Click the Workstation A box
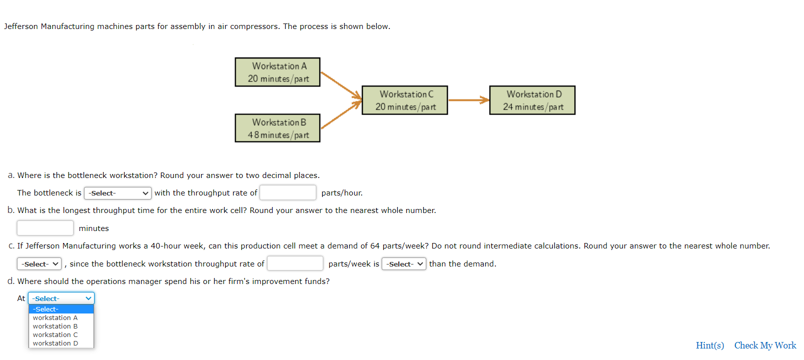(278, 72)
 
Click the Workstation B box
(278, 128)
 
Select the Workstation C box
(405, 100)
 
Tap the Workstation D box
(532, 100)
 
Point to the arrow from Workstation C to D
(469, 100)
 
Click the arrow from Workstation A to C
(341, 85)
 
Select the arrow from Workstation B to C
(341, 114)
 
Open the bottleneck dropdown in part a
(118, 193)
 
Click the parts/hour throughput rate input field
(288, 192)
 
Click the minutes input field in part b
(45, 228)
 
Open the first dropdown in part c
(39, 264)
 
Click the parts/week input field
(295, 263)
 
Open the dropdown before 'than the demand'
(404, 264)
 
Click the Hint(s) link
(710, 345)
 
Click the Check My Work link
(765, 345)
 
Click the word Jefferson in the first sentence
(21, 26)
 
